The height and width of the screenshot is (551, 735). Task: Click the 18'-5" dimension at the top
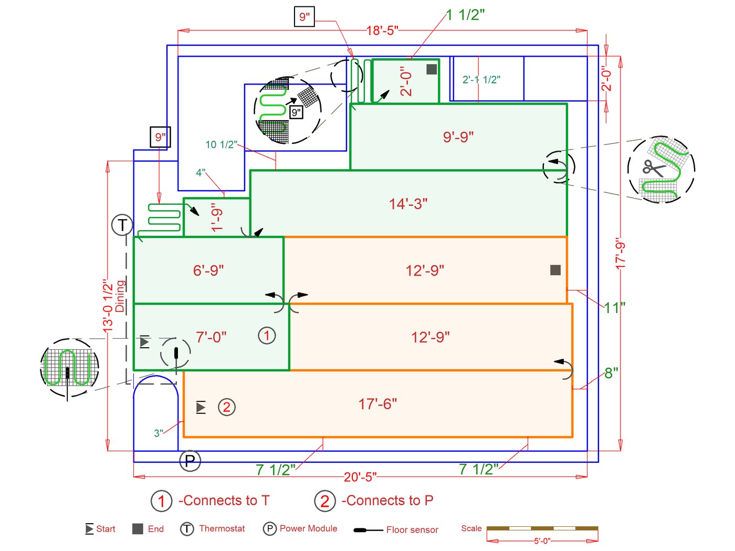(382, 30)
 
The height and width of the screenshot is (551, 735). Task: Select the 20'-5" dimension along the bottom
(360, 477)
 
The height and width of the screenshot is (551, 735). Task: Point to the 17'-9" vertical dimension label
(621, 254)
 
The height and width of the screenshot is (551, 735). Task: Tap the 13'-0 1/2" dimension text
(108, 305)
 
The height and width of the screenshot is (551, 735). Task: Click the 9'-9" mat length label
(458, 137)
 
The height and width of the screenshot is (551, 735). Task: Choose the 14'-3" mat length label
(408, 204)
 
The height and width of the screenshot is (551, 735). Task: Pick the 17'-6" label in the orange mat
(377, 404)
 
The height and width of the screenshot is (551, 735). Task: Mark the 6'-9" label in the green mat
(208, 271)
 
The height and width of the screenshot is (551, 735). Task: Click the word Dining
(120, 296)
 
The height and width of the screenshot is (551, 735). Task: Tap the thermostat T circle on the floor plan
(122, 225)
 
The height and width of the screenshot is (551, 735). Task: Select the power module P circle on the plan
(190, 461)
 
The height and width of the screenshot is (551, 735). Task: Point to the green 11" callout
(614, 307)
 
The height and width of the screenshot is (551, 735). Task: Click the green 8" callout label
(611, 373)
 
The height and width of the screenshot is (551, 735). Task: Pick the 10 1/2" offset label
(221, 144)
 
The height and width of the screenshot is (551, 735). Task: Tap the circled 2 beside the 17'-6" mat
(226, 407)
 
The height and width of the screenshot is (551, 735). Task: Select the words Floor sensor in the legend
(412, 529)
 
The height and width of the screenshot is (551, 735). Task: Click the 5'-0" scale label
(542, 540)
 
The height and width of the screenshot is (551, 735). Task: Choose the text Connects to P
(387, 501)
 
